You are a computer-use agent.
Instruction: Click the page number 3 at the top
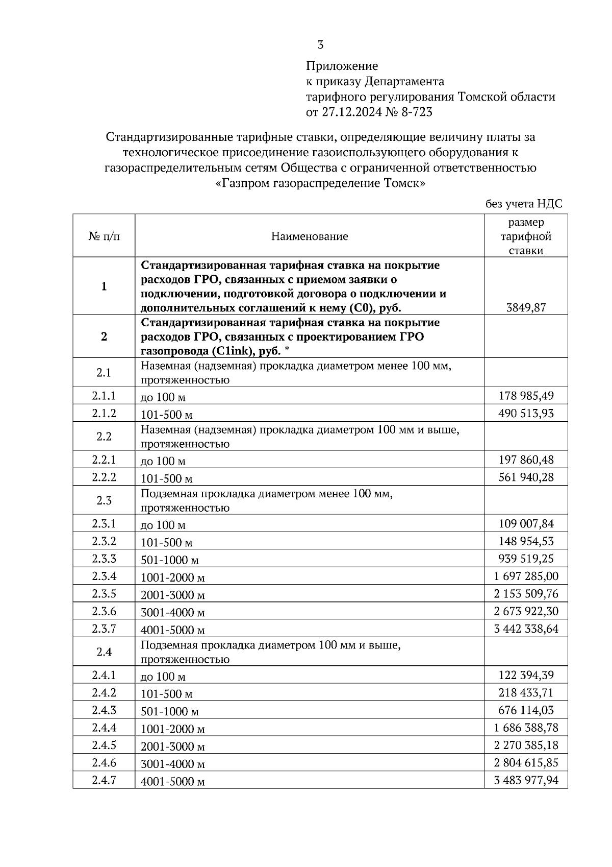point(320,45)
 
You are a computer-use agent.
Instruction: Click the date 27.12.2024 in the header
point(351,112)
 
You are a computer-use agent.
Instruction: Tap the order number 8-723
point(417,112)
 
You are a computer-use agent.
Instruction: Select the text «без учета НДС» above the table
point(523,204)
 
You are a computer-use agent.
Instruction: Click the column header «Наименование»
point(309,236)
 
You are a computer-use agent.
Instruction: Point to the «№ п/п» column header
point(104,236)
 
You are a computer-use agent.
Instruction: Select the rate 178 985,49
point(526,395)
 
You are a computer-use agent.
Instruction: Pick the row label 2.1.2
point(104,413)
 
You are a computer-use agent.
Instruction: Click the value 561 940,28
point(526,477)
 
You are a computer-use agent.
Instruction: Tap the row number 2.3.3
point(104,559)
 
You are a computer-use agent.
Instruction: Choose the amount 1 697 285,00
point(526,576)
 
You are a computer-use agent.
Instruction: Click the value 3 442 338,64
point(526,629)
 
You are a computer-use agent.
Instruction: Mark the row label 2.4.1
point(104,675)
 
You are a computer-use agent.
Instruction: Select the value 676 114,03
point(526,710)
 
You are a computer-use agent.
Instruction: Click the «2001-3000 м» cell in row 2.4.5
point(172,746)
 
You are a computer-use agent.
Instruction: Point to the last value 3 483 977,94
point(526,780)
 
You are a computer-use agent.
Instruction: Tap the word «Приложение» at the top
point(342,66)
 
